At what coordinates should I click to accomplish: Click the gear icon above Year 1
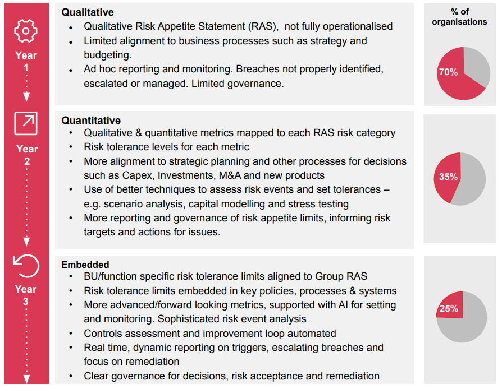pos(26,30)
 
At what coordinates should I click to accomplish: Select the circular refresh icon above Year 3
pos(26,265)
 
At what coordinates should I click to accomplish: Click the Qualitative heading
pos(87,12)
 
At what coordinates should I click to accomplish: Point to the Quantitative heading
pos(91,120)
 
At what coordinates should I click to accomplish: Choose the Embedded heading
pos(85,265)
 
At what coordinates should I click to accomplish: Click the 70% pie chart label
pos(448,72)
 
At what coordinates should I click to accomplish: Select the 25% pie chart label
pos(449,308)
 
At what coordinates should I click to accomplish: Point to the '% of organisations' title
pos(460,17)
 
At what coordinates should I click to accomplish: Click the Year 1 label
pos(26,61)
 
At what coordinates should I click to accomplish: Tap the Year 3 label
pos(26,295)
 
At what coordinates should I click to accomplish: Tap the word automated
pos(308,333)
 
